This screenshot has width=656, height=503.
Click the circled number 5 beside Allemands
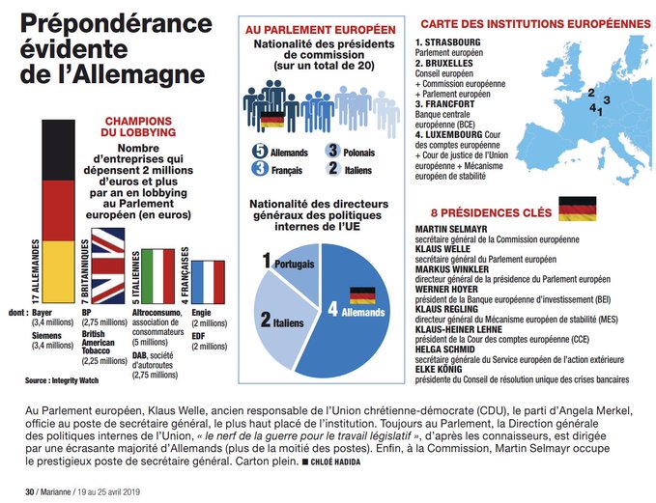click(x=260, y=152)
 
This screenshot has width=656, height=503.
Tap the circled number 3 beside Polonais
click(x=332, y=152)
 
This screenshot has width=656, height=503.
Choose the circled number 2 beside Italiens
click(x=332, y=169)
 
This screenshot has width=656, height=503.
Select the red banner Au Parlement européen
click(x=320, y=30)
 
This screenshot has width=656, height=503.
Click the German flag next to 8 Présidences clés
click(x=577, y=208)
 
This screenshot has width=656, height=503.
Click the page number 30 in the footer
click(x=28, y=492)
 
